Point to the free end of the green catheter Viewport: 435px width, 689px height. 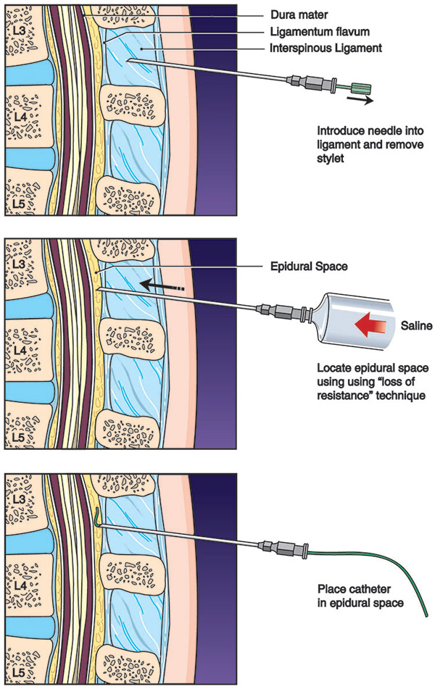[423, 614]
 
